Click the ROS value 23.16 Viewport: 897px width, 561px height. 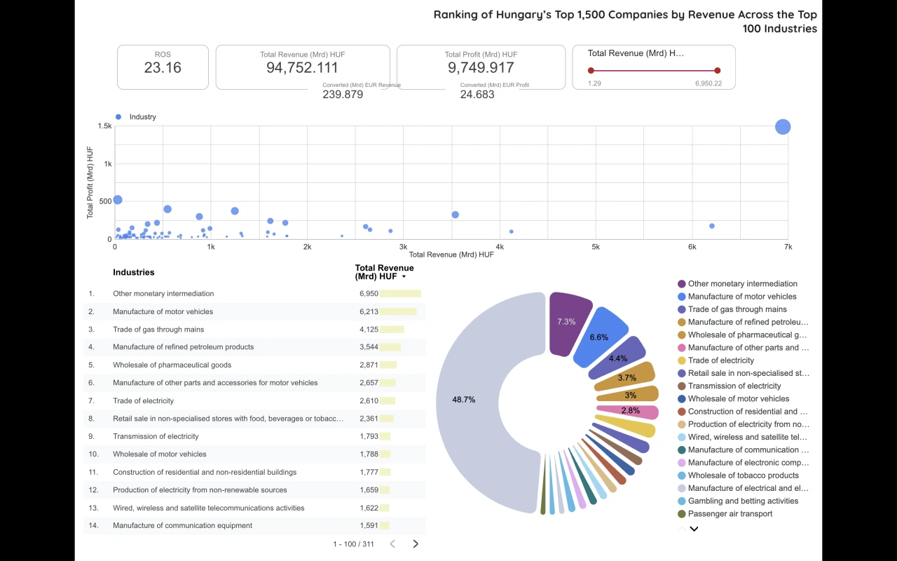163,68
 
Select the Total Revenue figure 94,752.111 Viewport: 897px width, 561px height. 302,68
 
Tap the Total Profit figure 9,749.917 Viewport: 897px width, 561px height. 481,68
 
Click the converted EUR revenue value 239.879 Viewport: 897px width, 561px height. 343,95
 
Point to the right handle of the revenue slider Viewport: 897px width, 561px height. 718,70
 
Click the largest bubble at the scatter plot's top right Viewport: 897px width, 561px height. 783,127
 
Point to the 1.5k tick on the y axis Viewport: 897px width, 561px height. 104,126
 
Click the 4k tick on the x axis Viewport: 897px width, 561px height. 500,248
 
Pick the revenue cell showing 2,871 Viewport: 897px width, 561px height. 369,365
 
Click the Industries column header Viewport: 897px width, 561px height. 133,272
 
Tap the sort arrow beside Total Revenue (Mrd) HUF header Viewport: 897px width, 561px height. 404,277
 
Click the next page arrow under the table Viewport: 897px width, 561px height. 416,543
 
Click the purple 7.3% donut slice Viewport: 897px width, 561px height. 566,323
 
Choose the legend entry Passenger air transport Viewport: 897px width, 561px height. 730,514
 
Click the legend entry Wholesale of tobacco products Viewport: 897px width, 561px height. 733,475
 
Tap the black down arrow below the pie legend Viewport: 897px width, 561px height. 694,529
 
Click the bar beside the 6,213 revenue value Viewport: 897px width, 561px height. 398,312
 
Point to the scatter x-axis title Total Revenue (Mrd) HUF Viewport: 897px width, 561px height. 451,255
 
